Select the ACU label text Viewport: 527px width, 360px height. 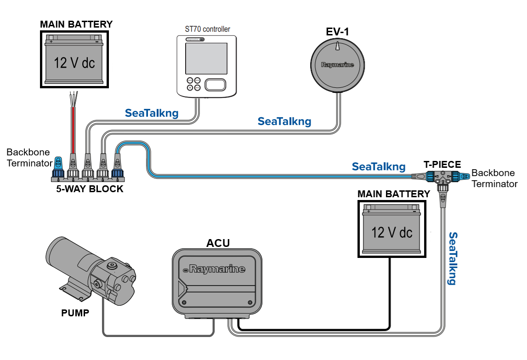pyautogui.click(x=218, y=243)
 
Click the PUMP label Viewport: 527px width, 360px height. pyautogui.click(x=75, y=313)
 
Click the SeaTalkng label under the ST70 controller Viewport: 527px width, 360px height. pyautogui.click(x=152, y=113)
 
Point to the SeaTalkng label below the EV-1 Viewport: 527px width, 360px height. pyautogui.click(x=284, y=121)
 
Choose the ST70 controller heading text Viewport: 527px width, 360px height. pyautogui.click(x=204, y=29)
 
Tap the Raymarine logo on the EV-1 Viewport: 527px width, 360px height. pyautogui.click(x=338, y=65)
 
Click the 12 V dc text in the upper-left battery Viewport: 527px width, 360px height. pyautogui.click(x=74, y=62)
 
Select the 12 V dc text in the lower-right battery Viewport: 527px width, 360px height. pyautogui.click(x=391, y=232)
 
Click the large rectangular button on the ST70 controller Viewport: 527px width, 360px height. pyautogui.click(x=215, y=85)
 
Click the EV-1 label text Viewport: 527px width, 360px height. pyautogui.click(x=338, y=32)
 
